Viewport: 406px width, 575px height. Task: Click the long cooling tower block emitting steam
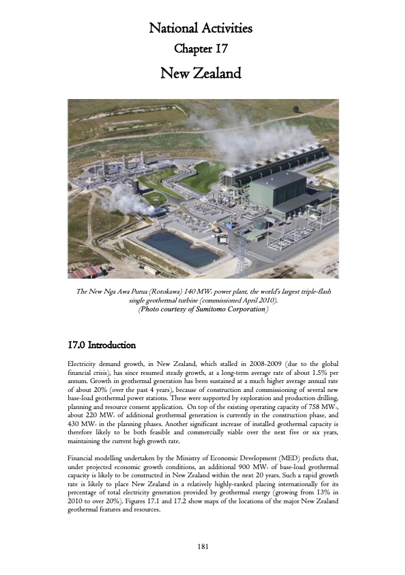click(273, 164)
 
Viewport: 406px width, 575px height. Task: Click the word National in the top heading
click(173, 29)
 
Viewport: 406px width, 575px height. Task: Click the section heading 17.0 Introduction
click(102, 344)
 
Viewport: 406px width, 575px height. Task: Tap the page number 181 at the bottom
click(203, 546)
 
